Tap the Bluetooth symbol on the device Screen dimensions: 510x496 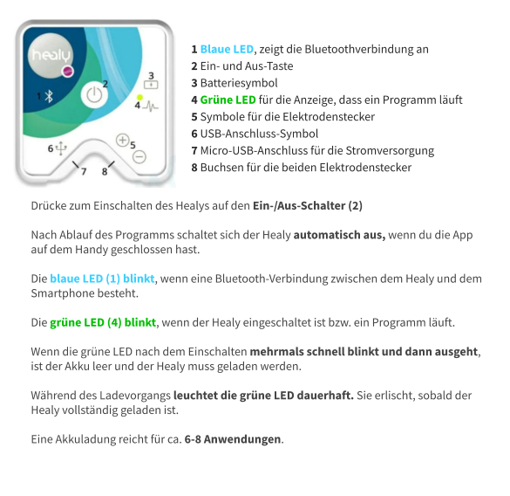(50, 95)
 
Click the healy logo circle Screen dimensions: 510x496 (51, 57)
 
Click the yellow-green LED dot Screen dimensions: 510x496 (139, 96)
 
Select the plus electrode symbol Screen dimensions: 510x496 (123, 140)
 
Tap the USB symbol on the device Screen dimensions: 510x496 (61, 148)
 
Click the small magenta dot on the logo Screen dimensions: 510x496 (68, 72)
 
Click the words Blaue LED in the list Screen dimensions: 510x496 (227, 50)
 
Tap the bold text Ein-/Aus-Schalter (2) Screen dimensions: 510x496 (307, 206)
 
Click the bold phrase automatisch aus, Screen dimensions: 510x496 (340, 235)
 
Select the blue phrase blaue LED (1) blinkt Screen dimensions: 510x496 (102, 279)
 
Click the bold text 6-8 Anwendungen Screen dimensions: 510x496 (234, 438)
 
